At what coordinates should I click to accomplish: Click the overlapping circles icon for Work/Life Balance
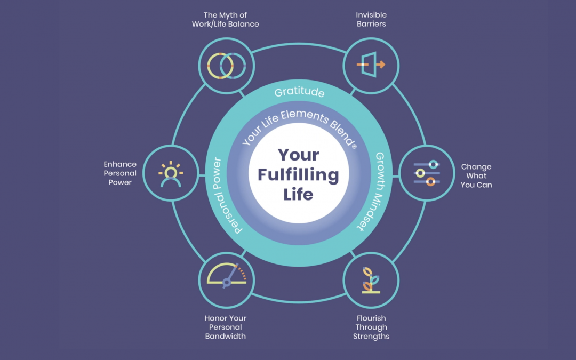point(227,65)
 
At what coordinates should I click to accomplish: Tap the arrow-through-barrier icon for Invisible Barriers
point(371,65)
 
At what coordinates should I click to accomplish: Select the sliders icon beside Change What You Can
point(426,173)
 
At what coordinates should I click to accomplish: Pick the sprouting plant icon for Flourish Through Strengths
point(371,281)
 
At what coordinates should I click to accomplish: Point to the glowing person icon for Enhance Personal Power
point(171,173)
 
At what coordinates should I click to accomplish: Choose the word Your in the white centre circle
point(298,155)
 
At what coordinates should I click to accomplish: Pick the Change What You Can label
point(476,175)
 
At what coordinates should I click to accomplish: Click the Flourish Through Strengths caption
point(371,327)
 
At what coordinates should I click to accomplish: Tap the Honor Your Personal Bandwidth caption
point(225,327)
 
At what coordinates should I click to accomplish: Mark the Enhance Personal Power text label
point(121,173)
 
